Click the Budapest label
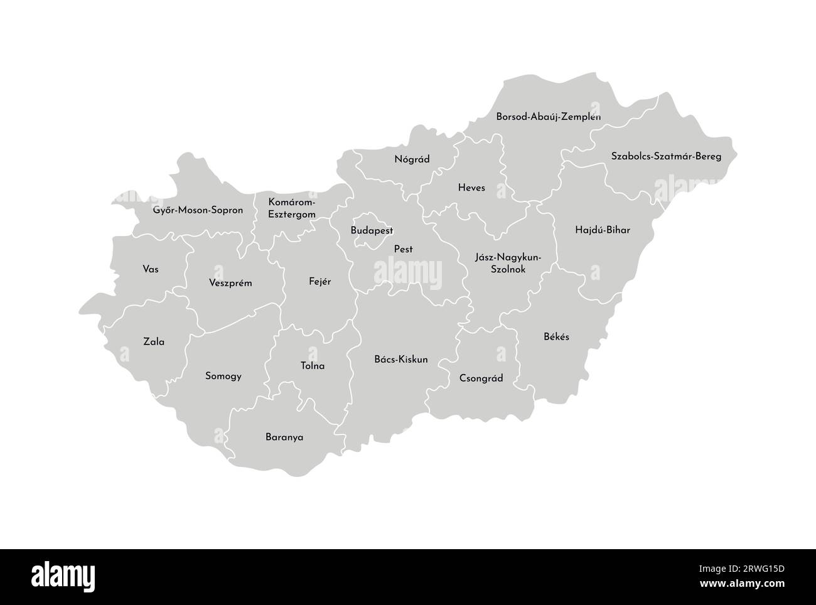pyautogui.click(x=372, y=230)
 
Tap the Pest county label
pyautogui.click(x=403, y=249)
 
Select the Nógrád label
pyautogui.click(x=412, y=159)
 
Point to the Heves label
pyautogui.click(x=471, y=188)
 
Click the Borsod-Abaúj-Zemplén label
pyautogui.click(x=548, y=117)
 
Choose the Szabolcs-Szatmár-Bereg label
pyautogui.click(x=666, y=156)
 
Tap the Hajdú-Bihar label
pyautogui.click(x=602, y=230)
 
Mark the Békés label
pyautogui.click(x=556, y=336)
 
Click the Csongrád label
pyautogui.click(x=481, y=378)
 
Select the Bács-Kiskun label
pyautogui.click(x=400, y=360)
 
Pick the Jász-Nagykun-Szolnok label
pyautogui.click(x=508, y=264)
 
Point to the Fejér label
pyautogui.click(x=319, y=282)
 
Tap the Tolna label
pyautogui.click(x=313, y=366)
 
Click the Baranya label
pyautogui.click(x=284, y=437)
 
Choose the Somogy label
pyautogui.click(x=223, y=377)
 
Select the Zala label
pyautogui.click(x=154, y=342)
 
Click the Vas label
pyautogui.click(x=151, y=269)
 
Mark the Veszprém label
pyautogui.click(x=230, y=283)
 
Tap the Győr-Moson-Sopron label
pyautogui.click(x=198, y=210)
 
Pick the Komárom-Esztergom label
pyautogui.click(x=292, y=208)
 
